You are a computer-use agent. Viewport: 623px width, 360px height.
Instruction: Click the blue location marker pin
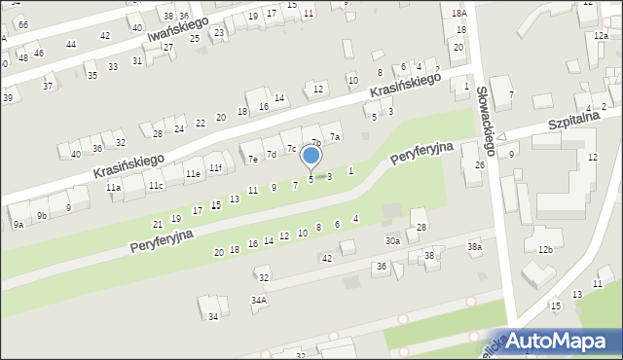click(x=311, y=156)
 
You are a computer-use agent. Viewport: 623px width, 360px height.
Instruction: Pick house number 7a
click(x=335, y=137)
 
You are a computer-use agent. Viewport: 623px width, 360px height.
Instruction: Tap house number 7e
click(x=253, y=159)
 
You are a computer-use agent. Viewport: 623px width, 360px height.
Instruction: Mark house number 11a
click(x=114, y=187)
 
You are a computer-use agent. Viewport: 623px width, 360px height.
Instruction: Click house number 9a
click(x=18, y=225)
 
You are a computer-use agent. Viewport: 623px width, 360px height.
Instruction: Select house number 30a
click(x=392, y=240)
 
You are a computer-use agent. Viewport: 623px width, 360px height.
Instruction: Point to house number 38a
click(x=474, y=247)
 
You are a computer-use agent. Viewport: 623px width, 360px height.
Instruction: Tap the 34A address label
click(x=259, y=302)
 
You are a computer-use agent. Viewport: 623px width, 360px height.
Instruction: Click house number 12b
click(x=546, y=250)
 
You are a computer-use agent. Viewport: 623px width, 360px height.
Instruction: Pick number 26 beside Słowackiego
click(x=479, y=164)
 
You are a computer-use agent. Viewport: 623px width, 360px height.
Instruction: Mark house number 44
click(x=71, y=45)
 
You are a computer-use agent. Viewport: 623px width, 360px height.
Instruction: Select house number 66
click(x=23, y=23)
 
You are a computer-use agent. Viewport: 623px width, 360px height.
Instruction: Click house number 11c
click(x=156, y=185)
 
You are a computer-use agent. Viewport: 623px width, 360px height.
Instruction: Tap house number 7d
click(x=273, y=154)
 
